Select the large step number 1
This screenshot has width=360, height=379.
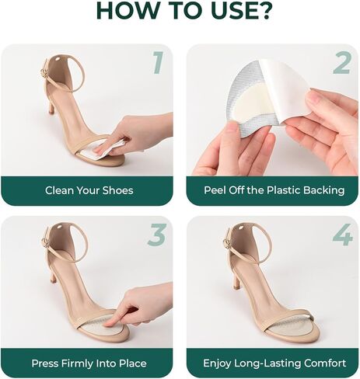point(159,62)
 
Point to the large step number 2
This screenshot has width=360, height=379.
point(342,63)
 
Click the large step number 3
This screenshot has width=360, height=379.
point(156,235)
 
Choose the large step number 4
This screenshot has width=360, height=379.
point(343,235)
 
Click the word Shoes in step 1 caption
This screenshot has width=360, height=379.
point(118,190)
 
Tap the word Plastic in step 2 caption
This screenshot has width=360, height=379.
point(284,190)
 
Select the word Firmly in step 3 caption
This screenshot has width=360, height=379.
point(79,363)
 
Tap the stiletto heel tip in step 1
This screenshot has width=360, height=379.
point(52,112)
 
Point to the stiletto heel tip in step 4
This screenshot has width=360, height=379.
point(237,287)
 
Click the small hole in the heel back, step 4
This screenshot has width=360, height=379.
point(242,228)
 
